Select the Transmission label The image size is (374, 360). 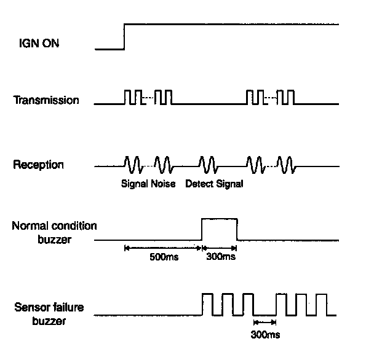[46, 100]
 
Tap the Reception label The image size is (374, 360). [40, 165]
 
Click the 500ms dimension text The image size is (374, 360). [164, 257]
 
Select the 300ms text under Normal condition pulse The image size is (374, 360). [220, 257]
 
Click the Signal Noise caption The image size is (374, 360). [148, 184]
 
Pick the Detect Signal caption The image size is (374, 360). [213, 184]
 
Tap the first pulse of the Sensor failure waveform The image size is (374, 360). [207, 304]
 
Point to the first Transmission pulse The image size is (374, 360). [129, 97]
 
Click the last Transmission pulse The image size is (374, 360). [290, 97]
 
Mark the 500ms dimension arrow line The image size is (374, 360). [164, 248]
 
